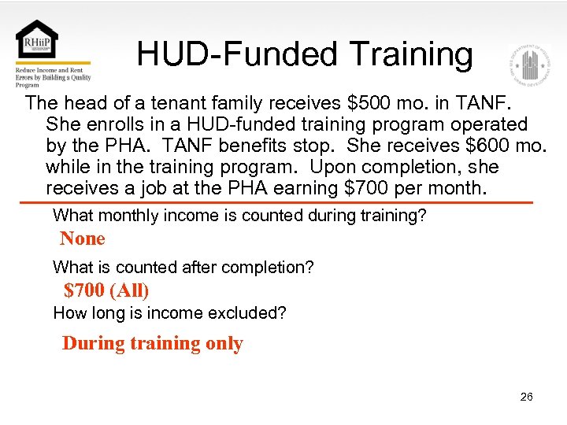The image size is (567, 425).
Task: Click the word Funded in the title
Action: coord(278,55)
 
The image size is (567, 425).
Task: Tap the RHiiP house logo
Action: coord(36,41)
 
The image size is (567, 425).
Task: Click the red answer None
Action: coord(82,238)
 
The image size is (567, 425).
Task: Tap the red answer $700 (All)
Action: coord(106,290)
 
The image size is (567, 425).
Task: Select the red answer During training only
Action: coord(152,343)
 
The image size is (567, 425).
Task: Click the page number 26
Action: coord(527,397)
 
